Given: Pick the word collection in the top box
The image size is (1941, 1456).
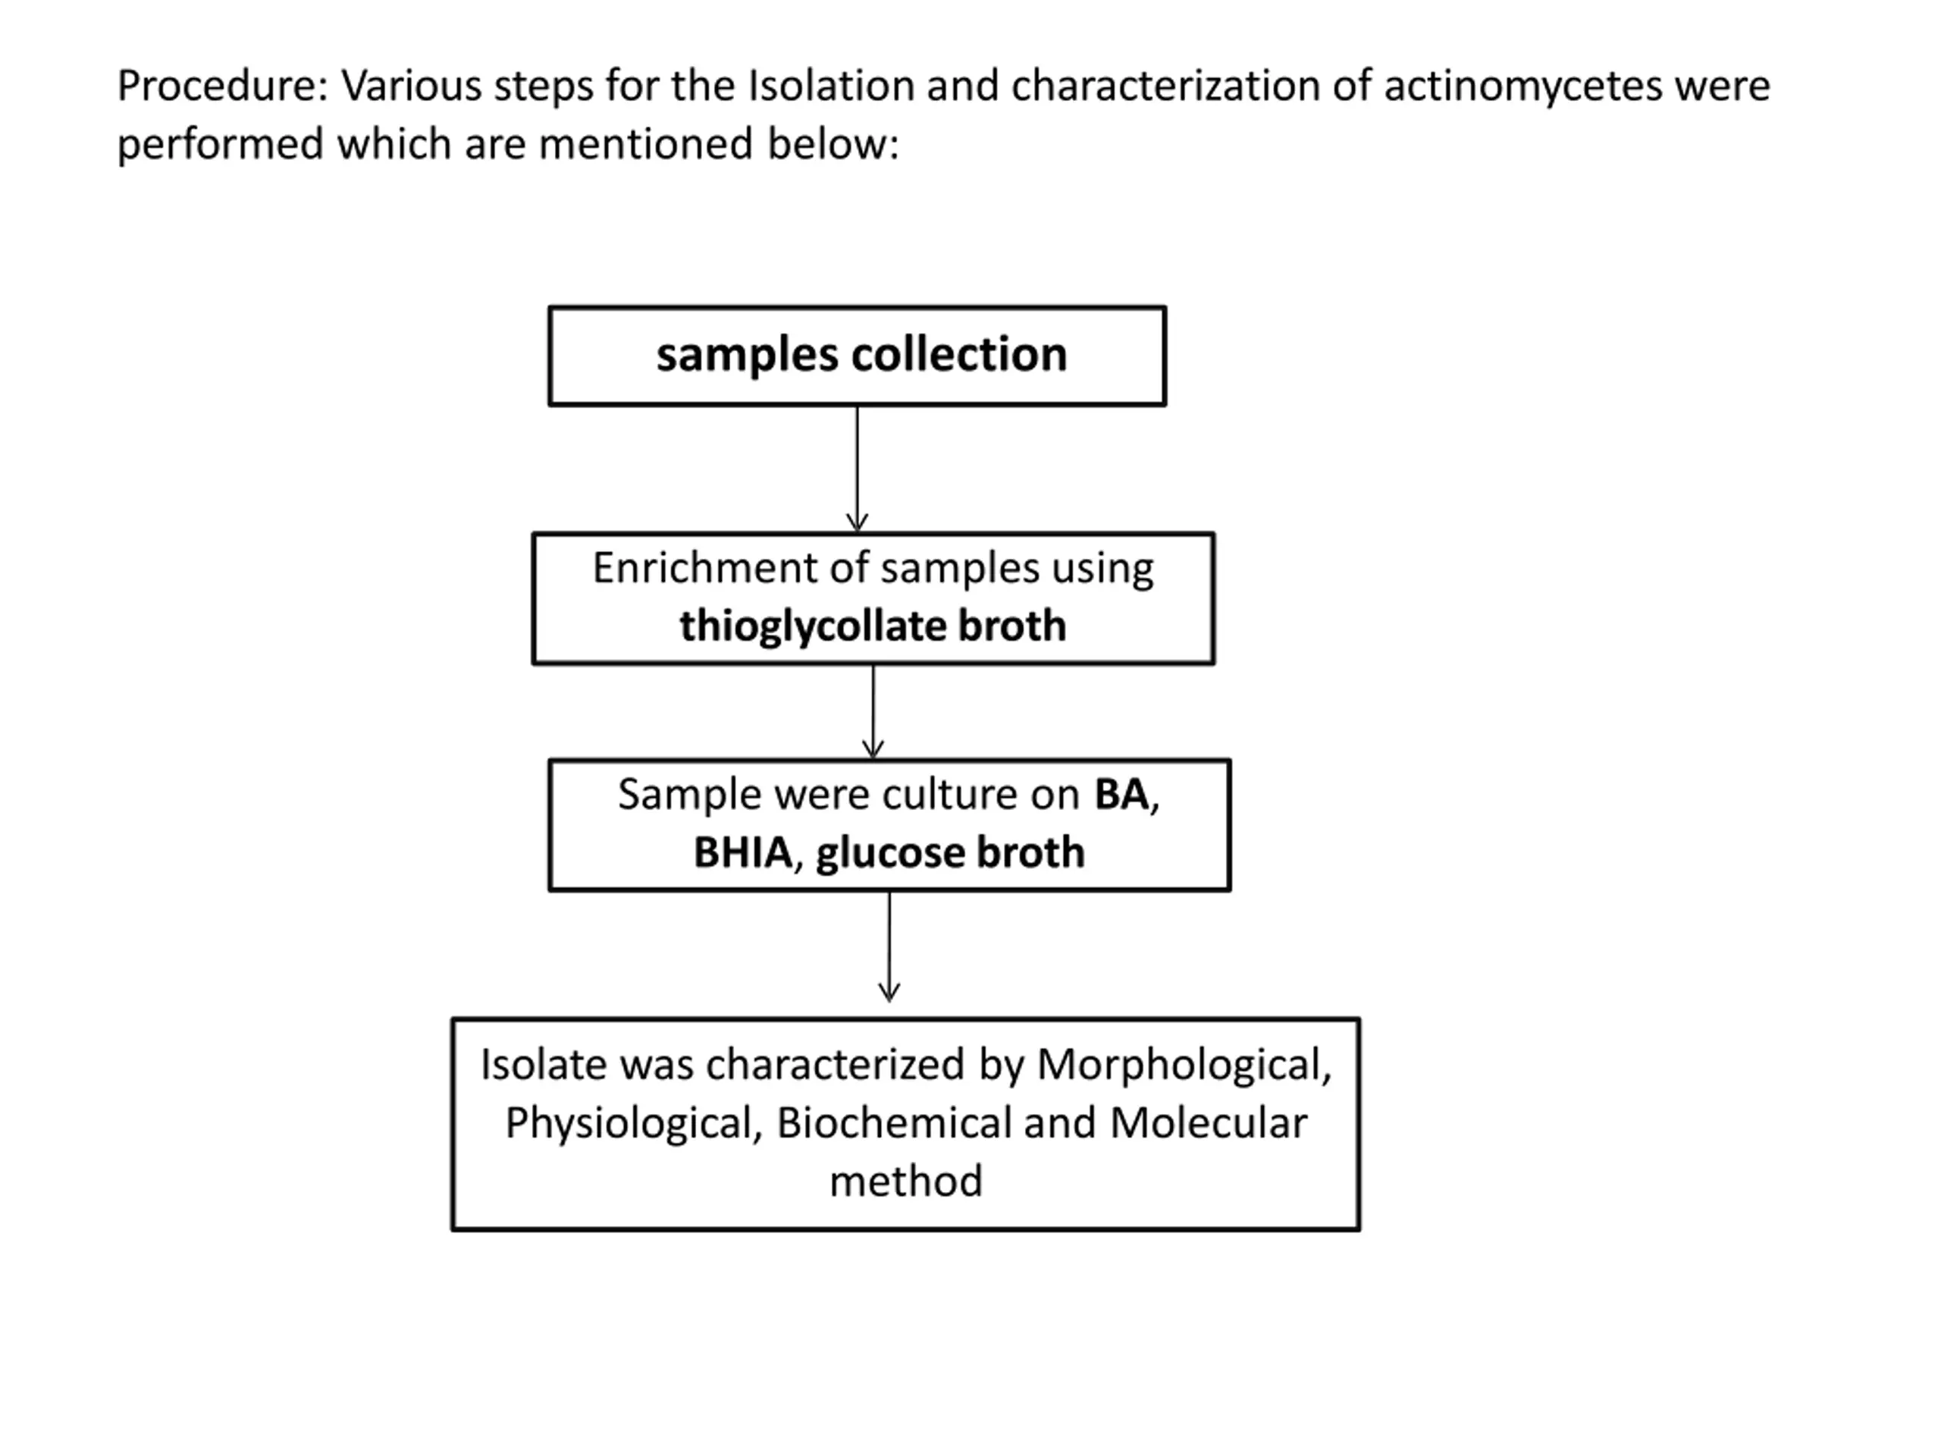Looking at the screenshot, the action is [x=959, y=355].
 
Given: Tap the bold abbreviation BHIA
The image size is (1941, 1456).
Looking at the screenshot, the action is [x=742, y=852].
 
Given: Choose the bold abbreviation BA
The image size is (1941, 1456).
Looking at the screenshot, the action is [x=1121, y=794].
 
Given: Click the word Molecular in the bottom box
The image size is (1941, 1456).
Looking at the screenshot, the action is [x=1209, y=1123].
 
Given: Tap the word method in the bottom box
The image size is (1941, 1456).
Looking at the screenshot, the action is [x=905, y=1181].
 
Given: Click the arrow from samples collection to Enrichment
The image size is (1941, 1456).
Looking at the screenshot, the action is [x=858, y=469].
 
